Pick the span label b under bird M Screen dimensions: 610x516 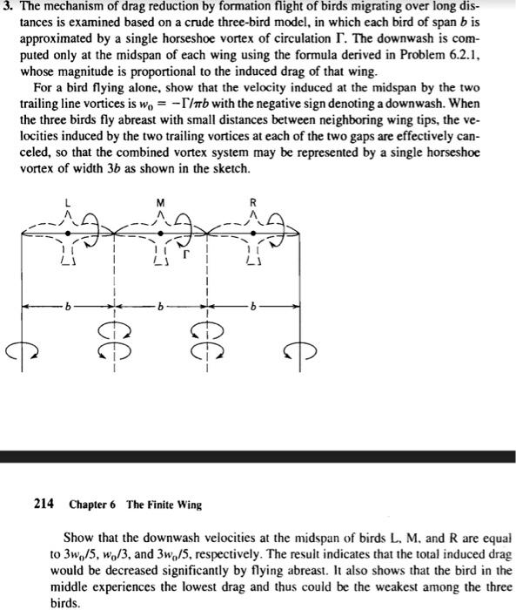pyautogui.click(x=160, y=306)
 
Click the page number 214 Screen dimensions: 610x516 pyautogui.click(x=44, y=504)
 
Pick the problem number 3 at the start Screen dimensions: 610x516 pyautogui.click(x=5, y=8)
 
